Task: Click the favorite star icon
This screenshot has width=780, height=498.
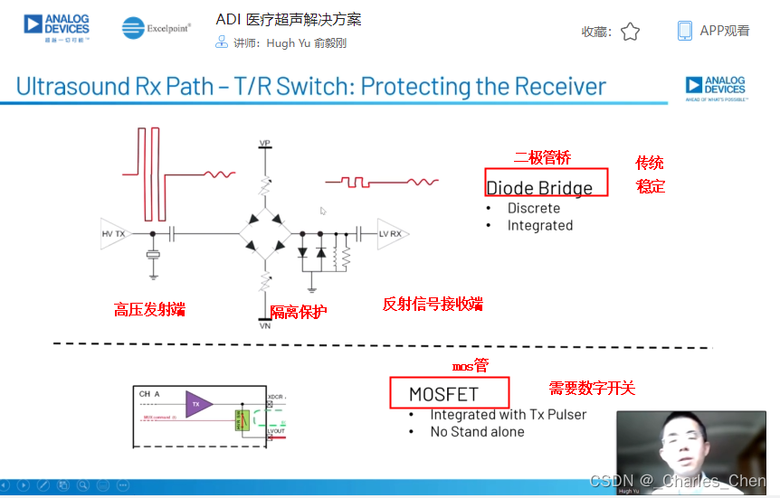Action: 630,32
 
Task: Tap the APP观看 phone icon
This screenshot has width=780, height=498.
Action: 685,31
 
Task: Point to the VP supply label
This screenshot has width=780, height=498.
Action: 265,144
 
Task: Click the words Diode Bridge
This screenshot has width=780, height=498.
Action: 539,188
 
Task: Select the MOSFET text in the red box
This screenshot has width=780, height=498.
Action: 443,394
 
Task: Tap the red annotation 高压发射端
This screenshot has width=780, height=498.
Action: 149,309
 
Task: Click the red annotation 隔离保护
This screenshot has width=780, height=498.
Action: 299,312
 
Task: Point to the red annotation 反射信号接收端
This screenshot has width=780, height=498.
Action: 433,305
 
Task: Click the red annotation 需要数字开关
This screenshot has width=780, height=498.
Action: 592,389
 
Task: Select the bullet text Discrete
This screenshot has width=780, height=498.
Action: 534,208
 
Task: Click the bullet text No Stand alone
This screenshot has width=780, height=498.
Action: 477,432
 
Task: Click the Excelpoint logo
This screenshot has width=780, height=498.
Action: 157,29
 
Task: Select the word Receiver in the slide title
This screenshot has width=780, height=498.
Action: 560,87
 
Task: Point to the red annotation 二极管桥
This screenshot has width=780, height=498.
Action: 543,158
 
